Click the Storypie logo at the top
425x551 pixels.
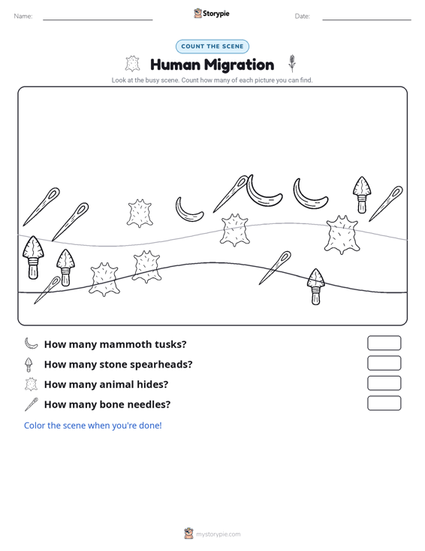[212, 14]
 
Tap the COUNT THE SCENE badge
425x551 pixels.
[212, 47]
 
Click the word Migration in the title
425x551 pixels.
[239, 65]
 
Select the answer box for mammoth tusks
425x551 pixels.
[384, 343]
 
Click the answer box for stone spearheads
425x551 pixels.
[384, 363]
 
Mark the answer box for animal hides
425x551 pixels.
[384, 383]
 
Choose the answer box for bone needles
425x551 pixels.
[384, 403]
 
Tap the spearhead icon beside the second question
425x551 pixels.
[29, 365]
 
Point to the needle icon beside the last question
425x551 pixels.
[32, 404]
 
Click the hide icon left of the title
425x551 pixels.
[132, 64]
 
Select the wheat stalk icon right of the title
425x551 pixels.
[291, 63]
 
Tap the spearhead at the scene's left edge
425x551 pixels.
[33, 257]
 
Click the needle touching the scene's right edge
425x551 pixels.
[386, 204]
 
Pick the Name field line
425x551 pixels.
[98, 20]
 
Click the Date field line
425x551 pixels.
[366, 20]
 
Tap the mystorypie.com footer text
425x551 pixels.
[219, 534]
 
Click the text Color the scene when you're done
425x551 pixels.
[92, 425]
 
